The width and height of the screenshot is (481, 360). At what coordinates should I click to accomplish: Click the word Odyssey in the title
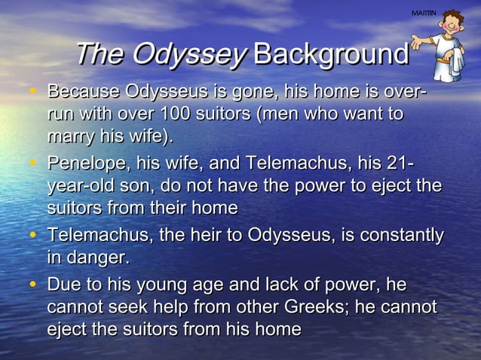point(188,54)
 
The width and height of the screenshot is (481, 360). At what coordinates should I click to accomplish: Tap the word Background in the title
point(331,54)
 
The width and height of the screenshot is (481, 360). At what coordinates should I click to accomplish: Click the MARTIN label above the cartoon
point(424,14)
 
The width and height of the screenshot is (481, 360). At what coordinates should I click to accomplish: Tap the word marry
point(72,138)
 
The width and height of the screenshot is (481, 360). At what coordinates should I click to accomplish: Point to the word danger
point(97,258)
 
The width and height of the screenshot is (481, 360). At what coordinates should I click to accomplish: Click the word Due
point(64,285)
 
